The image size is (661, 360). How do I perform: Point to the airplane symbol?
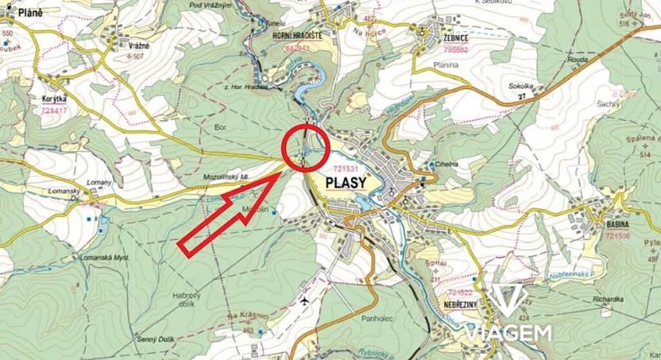tap(307, 302)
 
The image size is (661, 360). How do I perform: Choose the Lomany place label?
tap(100, 183)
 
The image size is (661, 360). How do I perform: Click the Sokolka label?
tap(521, 85)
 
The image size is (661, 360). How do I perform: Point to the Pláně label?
tap(24, 14)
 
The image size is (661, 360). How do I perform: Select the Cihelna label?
tap(446, 164)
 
